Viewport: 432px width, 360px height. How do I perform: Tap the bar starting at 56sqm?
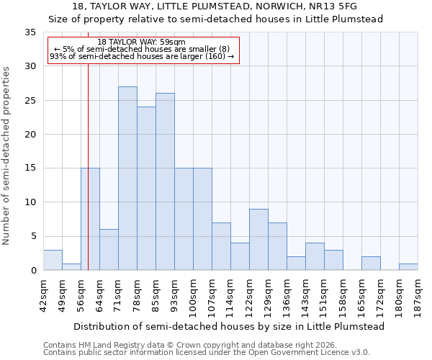(90, 219)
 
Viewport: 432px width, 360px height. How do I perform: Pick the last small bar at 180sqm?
(408, 267)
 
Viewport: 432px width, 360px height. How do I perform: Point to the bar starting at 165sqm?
(371, 264)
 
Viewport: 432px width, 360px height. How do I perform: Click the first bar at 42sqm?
(53, 260)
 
